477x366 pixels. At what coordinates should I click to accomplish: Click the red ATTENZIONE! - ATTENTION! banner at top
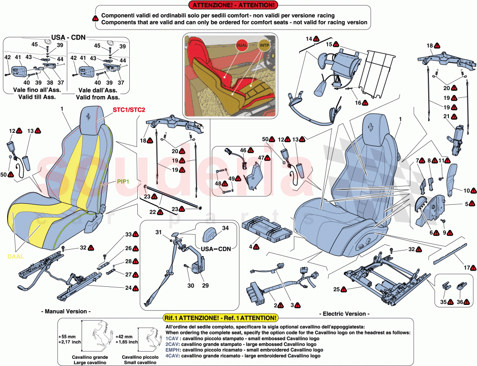click(234, 5)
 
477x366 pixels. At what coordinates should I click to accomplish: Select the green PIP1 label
click(123, 182)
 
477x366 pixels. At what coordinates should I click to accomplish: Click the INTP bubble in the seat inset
click(264, 44)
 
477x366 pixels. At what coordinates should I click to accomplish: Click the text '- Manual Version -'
click(66, 311)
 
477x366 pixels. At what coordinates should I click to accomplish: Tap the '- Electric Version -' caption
click(344, 314)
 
